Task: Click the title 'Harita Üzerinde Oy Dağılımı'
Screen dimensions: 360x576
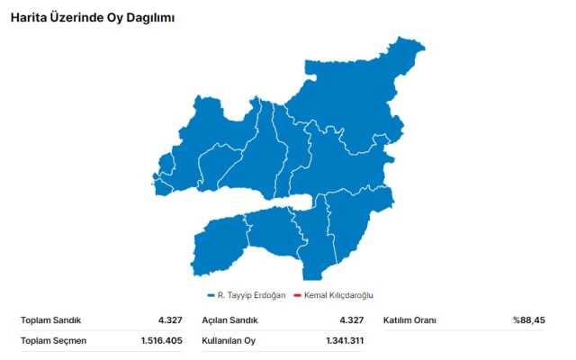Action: (92, 17)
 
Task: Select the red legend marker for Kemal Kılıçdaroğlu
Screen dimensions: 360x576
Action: (297, 295)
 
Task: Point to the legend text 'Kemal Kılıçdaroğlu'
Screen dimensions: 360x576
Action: (338, 295)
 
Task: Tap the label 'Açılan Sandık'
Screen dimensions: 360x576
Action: (230, 320)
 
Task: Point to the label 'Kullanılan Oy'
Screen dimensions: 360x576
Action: (229, 341)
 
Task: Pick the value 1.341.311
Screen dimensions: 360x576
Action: (345, 341)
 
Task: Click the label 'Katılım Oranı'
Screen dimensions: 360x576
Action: (410, 320)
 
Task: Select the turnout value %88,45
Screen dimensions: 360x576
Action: (528, 320)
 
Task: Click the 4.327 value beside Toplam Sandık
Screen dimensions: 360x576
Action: (171, 320)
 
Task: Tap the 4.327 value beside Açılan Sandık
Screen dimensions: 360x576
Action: (351, 320)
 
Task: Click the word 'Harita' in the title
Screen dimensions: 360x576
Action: (28, 17)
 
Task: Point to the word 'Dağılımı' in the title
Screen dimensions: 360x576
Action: (150, 17)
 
